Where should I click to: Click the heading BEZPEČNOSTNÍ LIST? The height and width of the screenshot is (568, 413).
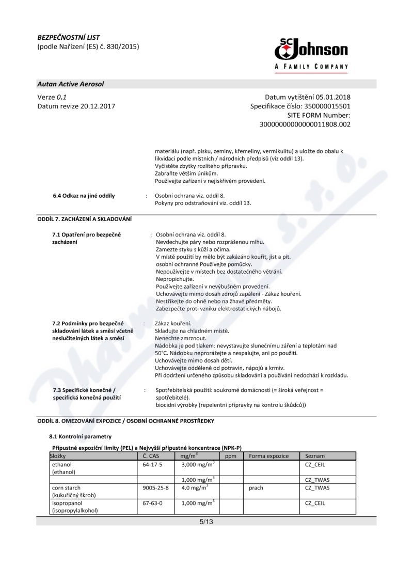tap(69, 37)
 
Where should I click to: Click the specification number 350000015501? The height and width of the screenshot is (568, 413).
tap(325, 106)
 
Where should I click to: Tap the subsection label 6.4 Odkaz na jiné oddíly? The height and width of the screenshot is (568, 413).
tap(84, 196)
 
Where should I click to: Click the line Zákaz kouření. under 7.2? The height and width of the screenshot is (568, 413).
tap(169, 323)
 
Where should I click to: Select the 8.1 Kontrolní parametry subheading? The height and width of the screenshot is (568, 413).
tap(76, 436)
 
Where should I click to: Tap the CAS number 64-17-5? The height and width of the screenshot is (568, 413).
tap(152, 465)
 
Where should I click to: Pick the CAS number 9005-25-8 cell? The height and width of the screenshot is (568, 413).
tap(155, 487)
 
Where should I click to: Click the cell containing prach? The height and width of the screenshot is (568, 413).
tap(256, 487)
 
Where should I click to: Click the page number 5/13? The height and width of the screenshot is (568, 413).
tap(206, 522)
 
